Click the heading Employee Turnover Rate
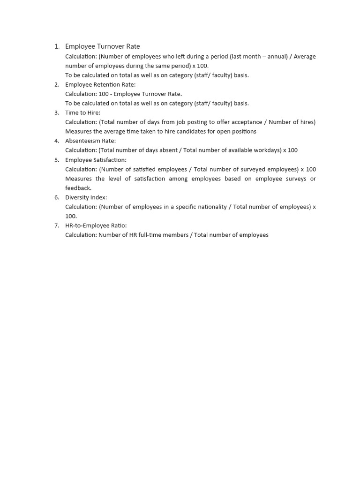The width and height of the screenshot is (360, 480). pyautogui.click(x=102, y=46)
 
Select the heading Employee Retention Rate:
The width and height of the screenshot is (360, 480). pyautogui.click(x=100, y=84)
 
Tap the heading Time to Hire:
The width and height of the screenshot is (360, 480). pyautogui.click(x=82, y=112)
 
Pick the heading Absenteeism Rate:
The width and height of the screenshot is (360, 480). pyautogui.click(x=90, y=141)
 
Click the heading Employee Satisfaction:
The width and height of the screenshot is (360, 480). pyautogui.click(x=96, y=160)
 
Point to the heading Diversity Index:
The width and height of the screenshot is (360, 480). pyautogui.click(x=86, y=197)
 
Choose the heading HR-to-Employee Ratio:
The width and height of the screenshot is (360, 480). pyautogui.click(x=96, y=225)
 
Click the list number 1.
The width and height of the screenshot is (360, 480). pyautogui.click(x=56, y=46)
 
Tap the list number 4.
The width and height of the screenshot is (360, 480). pyautogui.click(x=56, y=141)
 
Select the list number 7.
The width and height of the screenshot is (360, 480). pyautogui.click(x=56, y=225)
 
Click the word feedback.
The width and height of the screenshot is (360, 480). pyautogui.click(x=78, y=188)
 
